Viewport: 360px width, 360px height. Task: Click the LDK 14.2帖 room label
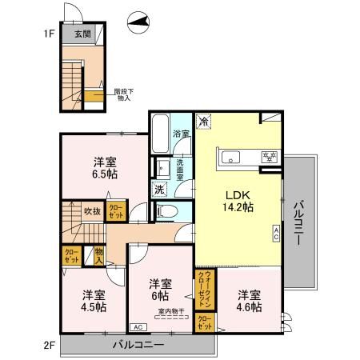tap(238, 201)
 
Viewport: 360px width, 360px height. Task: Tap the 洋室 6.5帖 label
tap(105, 166)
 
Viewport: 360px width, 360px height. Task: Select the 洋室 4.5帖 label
tap(83, 299)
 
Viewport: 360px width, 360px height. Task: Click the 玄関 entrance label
tap(83, 34)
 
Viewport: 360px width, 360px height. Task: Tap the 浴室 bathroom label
tap(182, 134)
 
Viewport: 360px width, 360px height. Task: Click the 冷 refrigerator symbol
tap(204, 122)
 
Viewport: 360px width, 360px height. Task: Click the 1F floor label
tap(49, 34)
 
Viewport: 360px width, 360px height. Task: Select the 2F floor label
tap(49, 346)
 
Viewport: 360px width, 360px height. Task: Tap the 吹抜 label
tap(92, 212)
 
